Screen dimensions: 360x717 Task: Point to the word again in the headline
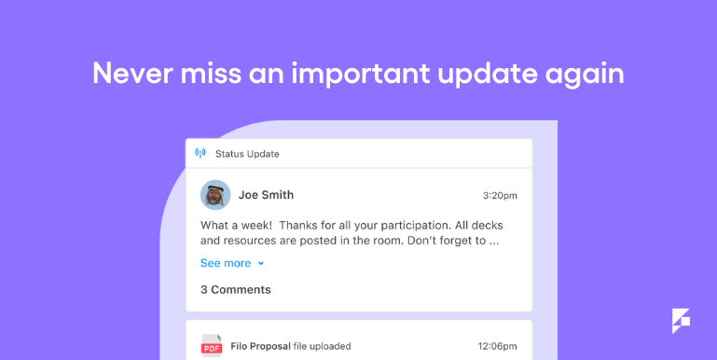(x=586, y=74)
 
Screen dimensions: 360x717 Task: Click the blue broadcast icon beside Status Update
(x=200, y=153)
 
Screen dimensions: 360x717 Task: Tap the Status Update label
(x=247, y=154)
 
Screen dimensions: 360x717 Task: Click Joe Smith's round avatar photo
(x=215, y=195)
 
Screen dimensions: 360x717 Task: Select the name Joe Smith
(x=266, y=195)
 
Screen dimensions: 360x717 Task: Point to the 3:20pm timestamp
(x=500, y=196)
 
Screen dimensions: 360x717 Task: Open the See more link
(x=226, y=263)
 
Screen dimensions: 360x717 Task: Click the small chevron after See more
(x=261, y=263)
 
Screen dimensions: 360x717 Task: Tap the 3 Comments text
(x=236, y=289)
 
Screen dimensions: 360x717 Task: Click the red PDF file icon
(x=212, y=346)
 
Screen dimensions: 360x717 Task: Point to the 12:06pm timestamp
(x=498, y=346)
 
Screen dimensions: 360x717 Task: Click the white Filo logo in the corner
(x=681, y=320)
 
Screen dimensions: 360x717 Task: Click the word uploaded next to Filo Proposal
(x=330, y=346)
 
